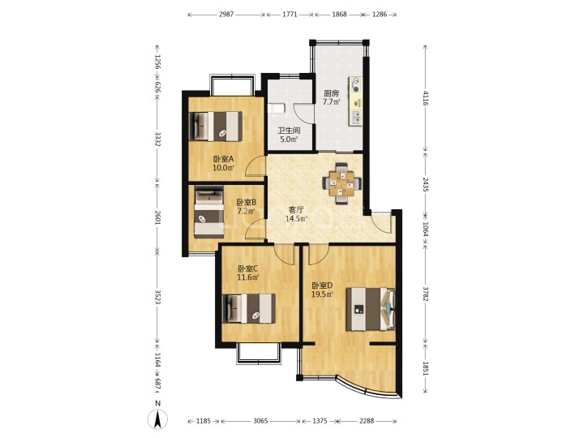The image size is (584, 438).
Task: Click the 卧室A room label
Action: coord(223,159)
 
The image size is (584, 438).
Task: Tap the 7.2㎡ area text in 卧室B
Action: coord(246,212)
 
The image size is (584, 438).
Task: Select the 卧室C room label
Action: coord(248,268)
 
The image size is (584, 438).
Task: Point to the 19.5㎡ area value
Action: coord(322,294)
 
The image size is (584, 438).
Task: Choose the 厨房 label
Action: coord(331,93)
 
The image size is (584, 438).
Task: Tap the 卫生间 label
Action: coord(290,131)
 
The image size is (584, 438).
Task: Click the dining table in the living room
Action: coord(341,183)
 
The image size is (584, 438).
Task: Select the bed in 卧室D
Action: coord(371,309)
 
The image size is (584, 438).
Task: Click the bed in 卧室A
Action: coord(216,127)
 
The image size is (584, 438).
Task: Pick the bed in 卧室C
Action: coord(249,308)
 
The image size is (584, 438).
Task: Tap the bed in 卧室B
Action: coord(209,212)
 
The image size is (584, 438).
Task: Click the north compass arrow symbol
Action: coord(158,419)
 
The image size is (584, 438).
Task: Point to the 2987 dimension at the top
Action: coord(226,15)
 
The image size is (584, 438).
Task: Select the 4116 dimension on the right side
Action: coord(426,98)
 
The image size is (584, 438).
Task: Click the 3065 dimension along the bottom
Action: coord(260,421)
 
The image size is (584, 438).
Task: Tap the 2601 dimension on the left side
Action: coord(157,216)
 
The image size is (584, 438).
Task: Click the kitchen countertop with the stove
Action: coord(356,101)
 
